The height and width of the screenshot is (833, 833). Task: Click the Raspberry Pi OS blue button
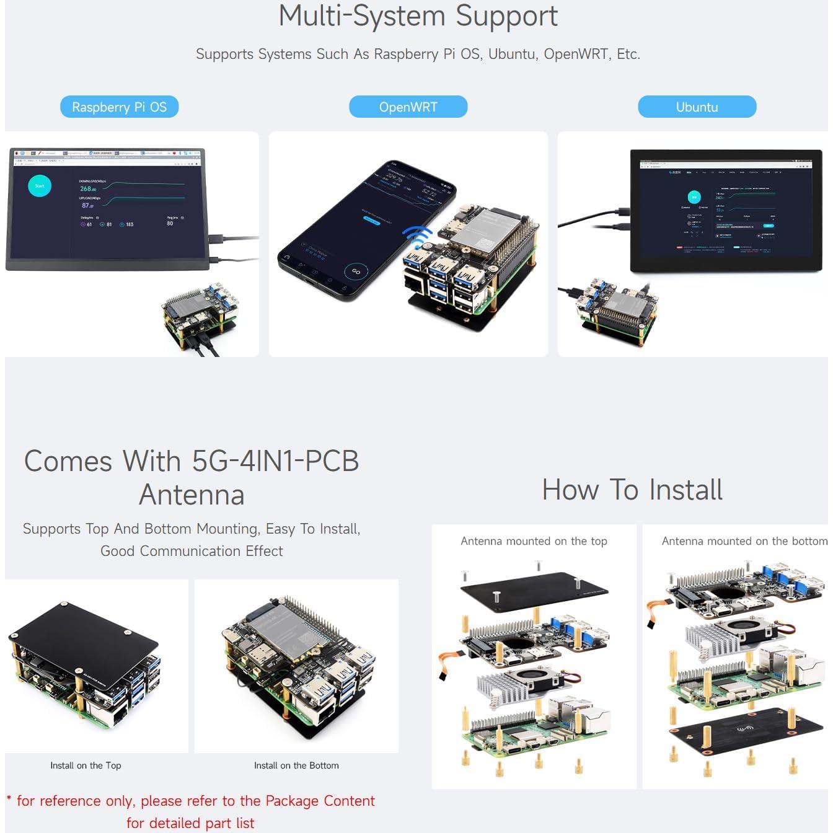(119, 107)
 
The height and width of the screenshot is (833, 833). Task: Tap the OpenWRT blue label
(408, 107)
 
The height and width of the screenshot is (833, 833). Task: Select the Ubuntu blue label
(697, 107)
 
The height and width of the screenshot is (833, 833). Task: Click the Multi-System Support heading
(418, 16)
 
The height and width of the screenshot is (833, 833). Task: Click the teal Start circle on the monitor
(40, 186)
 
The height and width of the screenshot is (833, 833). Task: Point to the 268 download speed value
(87, 188)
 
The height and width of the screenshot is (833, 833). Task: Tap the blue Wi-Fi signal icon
(417, 236)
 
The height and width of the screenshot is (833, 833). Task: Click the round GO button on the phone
(356, 271)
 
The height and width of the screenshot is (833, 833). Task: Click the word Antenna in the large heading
(192, 495)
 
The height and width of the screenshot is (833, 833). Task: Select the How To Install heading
(632, 490)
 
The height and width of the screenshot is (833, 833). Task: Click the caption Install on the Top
(86, 765)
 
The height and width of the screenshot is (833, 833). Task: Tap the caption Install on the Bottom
(296, 765)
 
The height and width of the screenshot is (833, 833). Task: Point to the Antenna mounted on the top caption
(534, 541)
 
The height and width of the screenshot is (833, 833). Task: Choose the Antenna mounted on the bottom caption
(744, 541)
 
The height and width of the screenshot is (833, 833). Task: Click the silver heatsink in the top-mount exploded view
(518, 687)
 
